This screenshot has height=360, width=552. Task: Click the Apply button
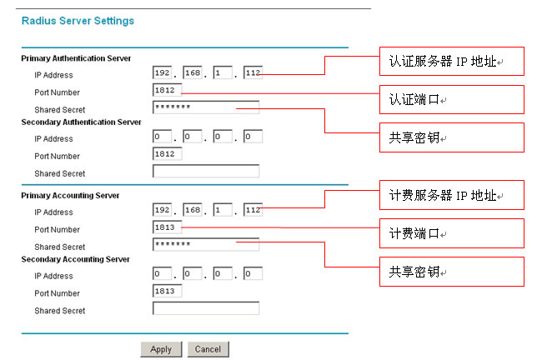pos(161,349)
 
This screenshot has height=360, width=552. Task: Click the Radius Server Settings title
pos(78,21)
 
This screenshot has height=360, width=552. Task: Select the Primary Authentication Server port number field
pos(168,90)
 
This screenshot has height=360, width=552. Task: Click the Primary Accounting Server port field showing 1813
pos(168,227)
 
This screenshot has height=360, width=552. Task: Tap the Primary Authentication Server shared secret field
pos(206,107)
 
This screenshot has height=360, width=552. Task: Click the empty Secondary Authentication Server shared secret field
pos(206,171)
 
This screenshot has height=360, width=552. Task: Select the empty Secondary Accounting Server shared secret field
pos(206,308)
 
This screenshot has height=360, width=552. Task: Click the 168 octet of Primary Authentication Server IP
pos(193,72)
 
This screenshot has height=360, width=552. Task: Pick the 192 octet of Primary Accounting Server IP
pos(162,210)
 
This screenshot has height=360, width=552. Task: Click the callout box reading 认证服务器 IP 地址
pos(452,61)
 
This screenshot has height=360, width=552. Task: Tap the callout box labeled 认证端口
pos(452,100)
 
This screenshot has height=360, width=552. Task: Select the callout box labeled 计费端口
pos(452,233)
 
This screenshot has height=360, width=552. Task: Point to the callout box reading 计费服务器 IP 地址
pos(452,195)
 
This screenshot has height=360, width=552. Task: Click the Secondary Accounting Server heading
pos(75,259)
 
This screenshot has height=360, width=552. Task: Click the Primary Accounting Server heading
pos(70,196)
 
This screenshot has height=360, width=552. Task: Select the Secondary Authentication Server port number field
pos(168,154)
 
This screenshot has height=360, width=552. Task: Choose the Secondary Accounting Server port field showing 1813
pos(168,291)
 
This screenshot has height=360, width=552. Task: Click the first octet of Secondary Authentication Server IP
pos(162,137)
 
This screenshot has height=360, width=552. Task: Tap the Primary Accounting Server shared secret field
pos(206,244)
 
